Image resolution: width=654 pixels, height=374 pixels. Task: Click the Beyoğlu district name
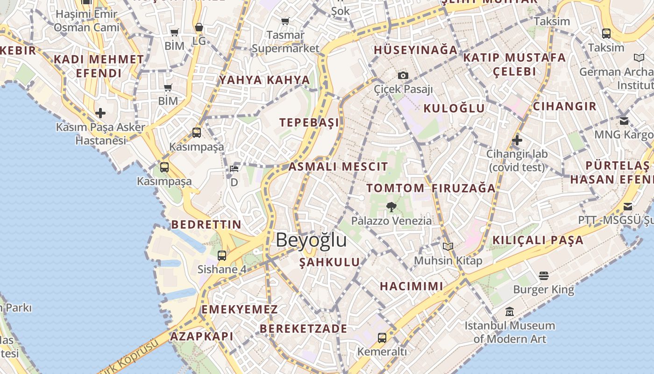tap(311, 240)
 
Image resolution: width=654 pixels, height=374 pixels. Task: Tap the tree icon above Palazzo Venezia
tap(391, 207)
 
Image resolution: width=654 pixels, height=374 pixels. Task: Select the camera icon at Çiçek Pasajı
tap(403, 75)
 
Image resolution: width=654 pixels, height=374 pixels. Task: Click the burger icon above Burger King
tap(543, 276)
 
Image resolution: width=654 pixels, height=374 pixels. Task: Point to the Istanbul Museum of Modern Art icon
tap(510, 311)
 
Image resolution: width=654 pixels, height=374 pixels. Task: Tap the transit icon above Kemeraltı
tap(382, 338)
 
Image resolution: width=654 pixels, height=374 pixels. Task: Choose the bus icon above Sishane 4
tap(222, 256)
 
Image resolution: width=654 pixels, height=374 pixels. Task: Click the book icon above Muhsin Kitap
tap(448, 246)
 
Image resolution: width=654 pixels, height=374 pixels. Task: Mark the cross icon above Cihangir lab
tap(517, 140)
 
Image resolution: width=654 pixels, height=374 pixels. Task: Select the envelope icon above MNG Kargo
tap(624, 121)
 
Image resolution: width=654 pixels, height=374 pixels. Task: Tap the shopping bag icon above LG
tap(199, 28)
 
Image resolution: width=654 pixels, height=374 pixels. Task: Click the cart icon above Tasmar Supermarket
tap(285, 21)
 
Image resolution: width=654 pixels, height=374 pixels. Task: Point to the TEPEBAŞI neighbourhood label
tap(309, 122)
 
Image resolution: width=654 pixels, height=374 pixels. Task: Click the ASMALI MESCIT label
tap(338, 166)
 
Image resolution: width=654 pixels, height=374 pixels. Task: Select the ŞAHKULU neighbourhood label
tap(330, 262)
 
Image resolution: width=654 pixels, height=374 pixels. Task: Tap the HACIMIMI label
tap(411, 286)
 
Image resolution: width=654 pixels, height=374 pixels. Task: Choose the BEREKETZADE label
tap(304, 328)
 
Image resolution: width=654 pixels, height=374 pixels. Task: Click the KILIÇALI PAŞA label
tap(538, 240)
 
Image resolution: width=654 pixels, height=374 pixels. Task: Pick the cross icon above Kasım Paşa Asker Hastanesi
tap(100, 113)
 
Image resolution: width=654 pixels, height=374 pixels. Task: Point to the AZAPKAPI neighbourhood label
tap(201, 336)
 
